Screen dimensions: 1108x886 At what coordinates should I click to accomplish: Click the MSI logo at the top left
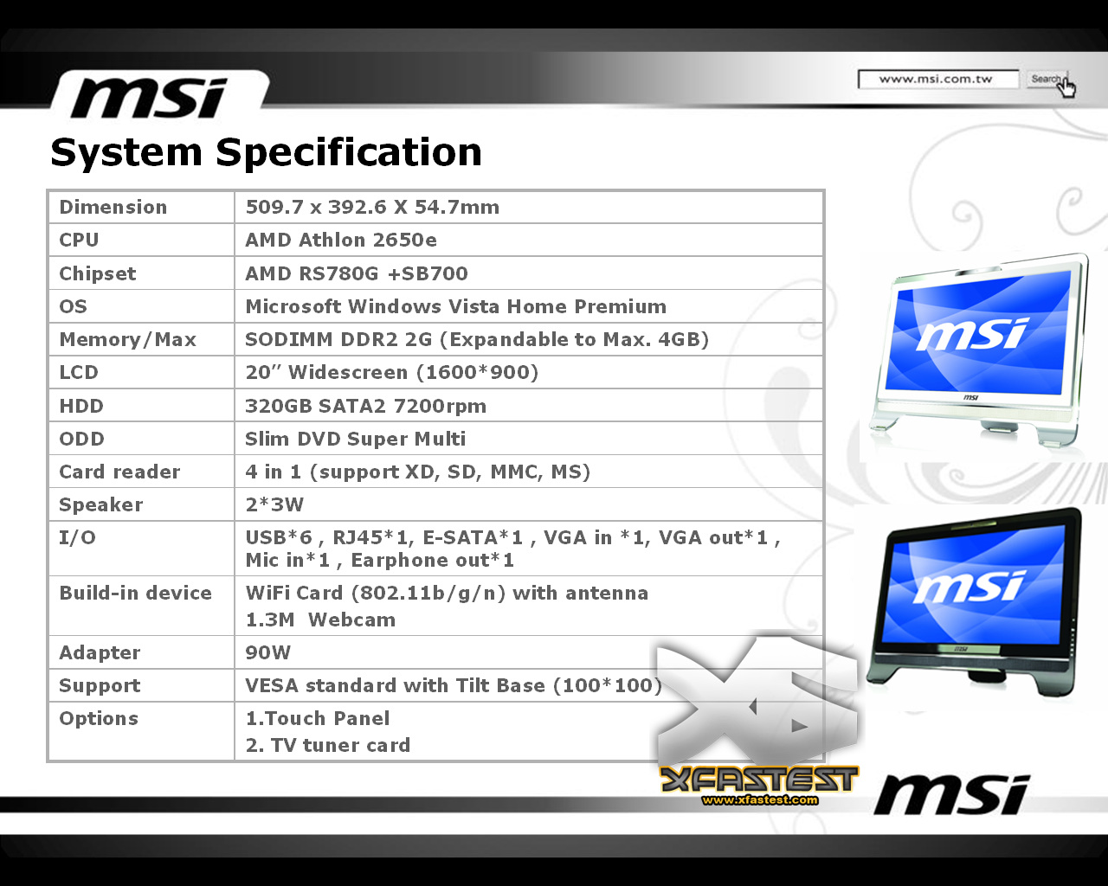[x=149, y=98]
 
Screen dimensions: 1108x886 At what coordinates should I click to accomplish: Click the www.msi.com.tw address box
[x=938, y=80]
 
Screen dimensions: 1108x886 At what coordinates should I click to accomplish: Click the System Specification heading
[x=267, y=152]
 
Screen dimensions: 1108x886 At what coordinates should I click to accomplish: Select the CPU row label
[x=79, y=240]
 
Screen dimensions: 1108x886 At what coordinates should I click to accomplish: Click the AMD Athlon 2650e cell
[x=341, y=240]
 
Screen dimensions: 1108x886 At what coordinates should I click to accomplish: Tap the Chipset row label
[x=97, y=273]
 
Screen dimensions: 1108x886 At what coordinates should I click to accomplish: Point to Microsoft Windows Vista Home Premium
[x=455, y=306]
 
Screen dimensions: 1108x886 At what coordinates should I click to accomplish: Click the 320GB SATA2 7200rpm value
[x=365, y=406]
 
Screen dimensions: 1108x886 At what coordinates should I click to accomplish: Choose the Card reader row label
[x=119, y=472]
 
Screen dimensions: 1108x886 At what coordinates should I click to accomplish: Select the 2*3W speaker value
[x=274, y=504]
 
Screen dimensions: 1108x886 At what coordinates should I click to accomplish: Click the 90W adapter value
[x=267, y=652]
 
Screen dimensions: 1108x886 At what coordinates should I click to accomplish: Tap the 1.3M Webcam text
[x=320, y=620]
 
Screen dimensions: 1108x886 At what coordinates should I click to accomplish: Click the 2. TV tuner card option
[x=327, y=745]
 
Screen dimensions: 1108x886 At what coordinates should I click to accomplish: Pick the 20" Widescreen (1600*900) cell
[x=392, y=372]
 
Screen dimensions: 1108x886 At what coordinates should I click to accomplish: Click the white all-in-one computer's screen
[x=976, y=335]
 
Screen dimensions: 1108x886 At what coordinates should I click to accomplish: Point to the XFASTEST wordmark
[x=758, y=780]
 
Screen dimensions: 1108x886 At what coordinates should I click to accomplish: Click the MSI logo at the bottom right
[x=951, y=795]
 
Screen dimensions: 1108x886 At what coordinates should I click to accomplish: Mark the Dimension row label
[x=113, y=207]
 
